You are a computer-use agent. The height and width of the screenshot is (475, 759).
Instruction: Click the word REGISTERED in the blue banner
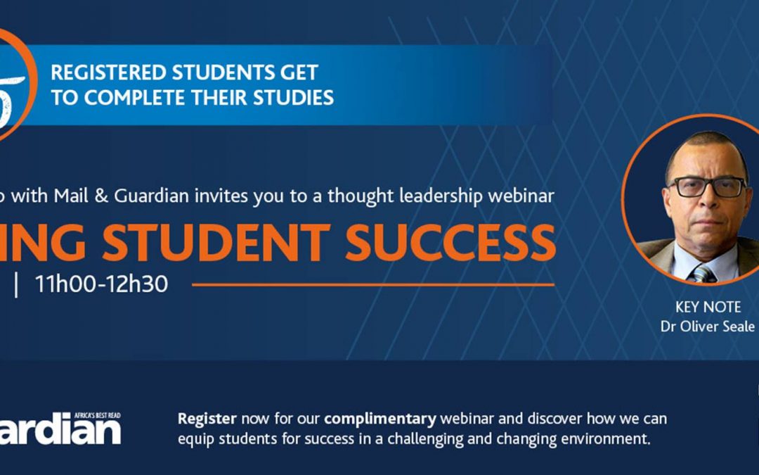tap(108, 72)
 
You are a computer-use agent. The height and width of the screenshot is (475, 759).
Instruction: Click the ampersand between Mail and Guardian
tap(101, 196)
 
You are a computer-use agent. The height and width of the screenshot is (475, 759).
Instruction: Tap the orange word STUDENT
tap(216, 243)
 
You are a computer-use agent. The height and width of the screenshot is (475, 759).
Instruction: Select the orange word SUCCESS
tap(451, 243)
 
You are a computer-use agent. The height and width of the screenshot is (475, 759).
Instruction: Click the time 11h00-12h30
tap(101, 284)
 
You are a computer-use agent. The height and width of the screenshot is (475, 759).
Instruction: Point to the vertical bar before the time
tap(16, 284)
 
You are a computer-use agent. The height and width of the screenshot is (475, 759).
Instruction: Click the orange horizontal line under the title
tap(373, 285)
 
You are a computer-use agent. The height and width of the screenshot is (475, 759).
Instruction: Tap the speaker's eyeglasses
tap(707, 186)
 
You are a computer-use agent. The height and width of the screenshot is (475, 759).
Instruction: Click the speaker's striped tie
tap(703, 274)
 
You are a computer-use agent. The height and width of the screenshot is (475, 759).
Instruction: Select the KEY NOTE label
tap(708, 308)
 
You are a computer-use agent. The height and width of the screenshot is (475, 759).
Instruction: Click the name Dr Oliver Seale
tap(708, 327)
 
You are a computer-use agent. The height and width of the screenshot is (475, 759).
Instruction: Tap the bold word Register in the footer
tap(207, 419)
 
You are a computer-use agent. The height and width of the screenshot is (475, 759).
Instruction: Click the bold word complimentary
tap(380, 419)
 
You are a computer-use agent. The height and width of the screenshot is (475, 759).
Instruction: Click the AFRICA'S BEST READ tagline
tap(97, 415)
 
